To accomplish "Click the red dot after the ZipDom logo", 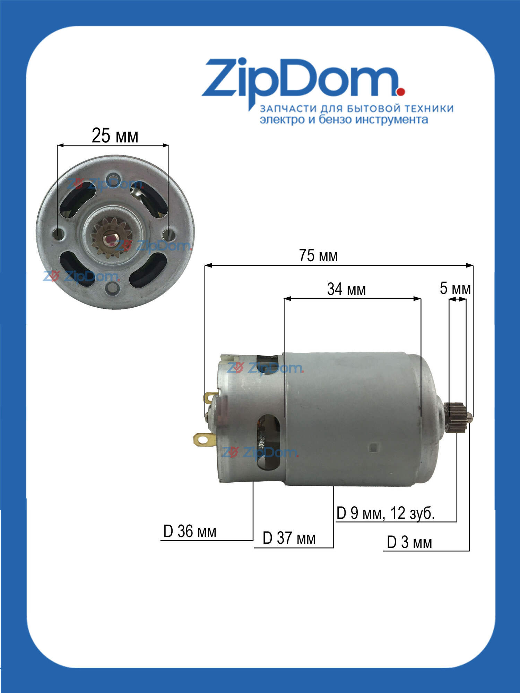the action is [401, 92].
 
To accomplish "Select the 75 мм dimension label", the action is [318, 256].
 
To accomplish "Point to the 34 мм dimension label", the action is [346, 289].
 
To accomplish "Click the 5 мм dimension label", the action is [455, 288].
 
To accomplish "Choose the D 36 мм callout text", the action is [190, 532].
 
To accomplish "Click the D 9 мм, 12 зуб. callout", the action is [385, 513].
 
